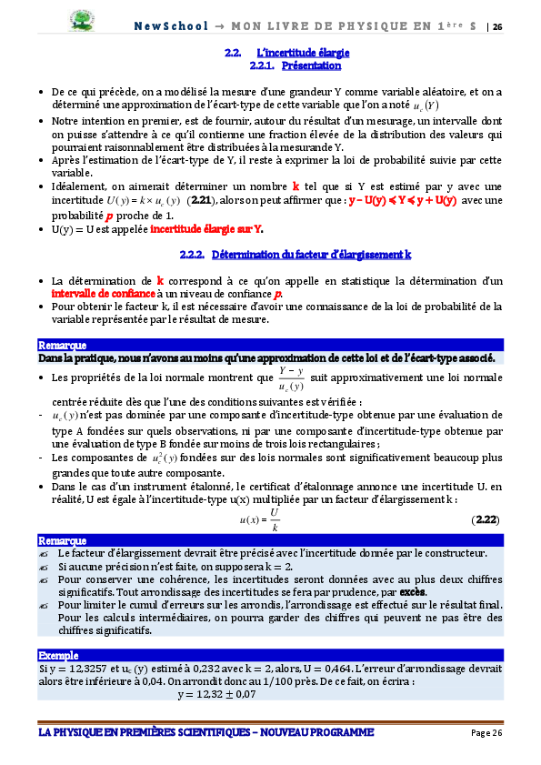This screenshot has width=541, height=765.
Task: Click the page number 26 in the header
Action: [496, 26]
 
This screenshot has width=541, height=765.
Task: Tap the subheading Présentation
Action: [312, 65]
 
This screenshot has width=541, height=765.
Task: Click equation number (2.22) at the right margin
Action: [486, 518]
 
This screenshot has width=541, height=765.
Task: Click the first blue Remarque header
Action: [63, 345]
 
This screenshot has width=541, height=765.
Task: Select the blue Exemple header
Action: [59, 655]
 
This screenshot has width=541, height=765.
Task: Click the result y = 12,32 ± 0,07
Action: [217, 693]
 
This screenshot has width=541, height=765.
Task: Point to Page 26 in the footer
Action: [486, 733]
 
